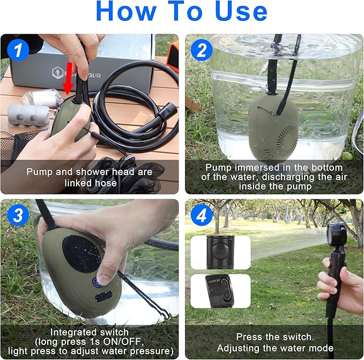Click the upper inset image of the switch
[x=220, y=252]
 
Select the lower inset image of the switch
[x=220, y=290]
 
